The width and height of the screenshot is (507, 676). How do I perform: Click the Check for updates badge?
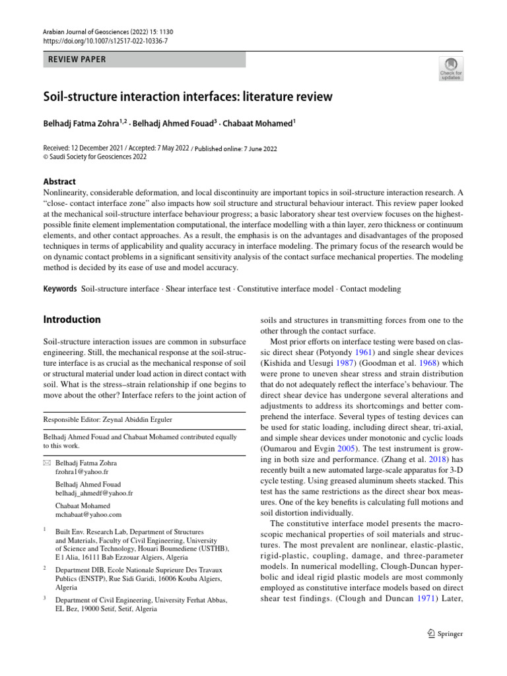451,68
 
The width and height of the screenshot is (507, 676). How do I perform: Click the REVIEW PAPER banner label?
74,59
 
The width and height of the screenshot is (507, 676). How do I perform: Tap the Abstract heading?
59,182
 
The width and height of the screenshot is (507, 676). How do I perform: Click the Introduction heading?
72,320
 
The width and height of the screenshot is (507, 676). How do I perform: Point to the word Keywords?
59,289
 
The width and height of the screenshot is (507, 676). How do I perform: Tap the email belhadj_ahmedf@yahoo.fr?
94,493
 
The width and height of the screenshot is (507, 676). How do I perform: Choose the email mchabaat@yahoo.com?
89,514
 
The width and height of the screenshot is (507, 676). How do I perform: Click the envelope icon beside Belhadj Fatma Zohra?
46,463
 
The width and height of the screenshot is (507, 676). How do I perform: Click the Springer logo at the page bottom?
445,634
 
